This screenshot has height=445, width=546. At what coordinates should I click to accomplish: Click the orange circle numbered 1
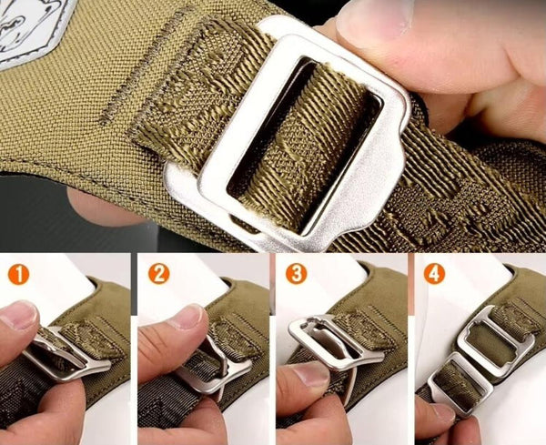pos(19,275)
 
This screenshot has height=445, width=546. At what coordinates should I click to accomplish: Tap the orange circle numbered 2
pos(158,274)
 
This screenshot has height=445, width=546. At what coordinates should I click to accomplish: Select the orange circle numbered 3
pos(297,274)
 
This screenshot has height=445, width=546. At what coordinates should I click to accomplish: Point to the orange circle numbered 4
pos(434,274)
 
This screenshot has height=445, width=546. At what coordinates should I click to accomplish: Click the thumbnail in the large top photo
pos(374,21)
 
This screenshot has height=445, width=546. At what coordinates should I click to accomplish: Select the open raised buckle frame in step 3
pos(334,345)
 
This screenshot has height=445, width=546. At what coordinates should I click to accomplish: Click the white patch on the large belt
pos(31,28)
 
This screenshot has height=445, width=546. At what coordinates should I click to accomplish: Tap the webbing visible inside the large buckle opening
pos(307,147)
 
